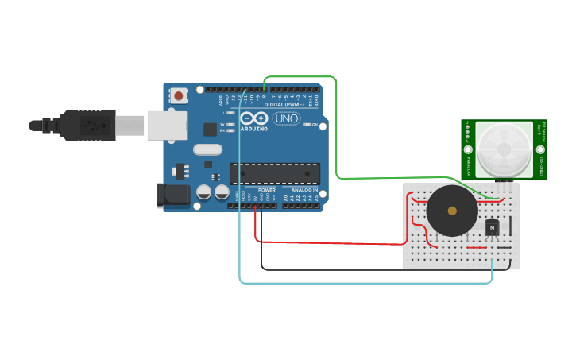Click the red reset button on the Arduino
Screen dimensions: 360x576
click(x=179, y=95)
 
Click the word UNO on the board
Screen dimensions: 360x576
click(x=286, y=118)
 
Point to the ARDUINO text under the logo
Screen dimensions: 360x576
click(x=254, y=128)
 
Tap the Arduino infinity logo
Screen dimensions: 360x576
click(x=255, y=118)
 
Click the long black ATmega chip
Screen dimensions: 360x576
click(x=275, y=173)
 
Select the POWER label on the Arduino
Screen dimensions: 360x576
click(x=267, y=190)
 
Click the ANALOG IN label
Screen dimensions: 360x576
click(x=304, y=190)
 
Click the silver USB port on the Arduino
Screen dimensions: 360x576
click(x=168, y=126)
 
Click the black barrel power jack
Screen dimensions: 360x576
click(x=172, y=195)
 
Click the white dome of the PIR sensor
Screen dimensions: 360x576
click(x=504, y=149)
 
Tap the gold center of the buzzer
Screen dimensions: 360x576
click(x=452, y=211)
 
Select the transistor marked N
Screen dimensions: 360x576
click(x=493, y=228)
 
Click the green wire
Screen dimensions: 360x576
click(x=337, y=127)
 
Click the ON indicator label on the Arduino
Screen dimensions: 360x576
click(x=315, y=125)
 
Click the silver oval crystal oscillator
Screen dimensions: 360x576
click(x=207, y=149)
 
